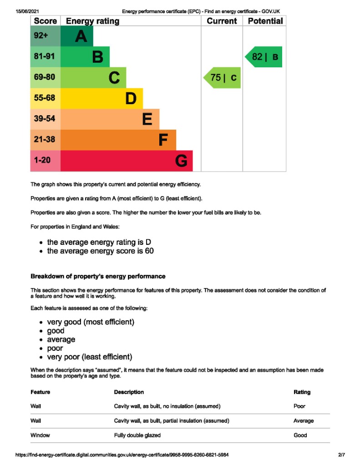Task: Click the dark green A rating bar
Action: coord(77,36)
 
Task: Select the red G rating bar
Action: coord(127,161)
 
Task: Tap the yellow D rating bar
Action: coord(101,98)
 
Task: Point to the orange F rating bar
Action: coord(118,140)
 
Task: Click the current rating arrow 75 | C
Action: coord(223,78)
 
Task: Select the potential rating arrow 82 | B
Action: coord(264,57)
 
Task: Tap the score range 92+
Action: coord(41,36)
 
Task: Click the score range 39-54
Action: coord(45,119)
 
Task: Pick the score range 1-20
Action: coord(42,160)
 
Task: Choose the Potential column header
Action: coord(265,21)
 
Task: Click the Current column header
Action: coord(222,21)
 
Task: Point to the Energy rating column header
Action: coord(93,21)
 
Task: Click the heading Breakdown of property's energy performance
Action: coord(98,276)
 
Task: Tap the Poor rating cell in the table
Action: coord(299,406)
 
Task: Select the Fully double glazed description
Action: coord(137,436)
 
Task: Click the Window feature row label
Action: coord(40,436)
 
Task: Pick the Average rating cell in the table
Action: coord(304,421)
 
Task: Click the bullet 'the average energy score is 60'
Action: coord(100,251)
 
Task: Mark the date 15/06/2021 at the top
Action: coord(27,11)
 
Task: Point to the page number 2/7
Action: coord(341,455)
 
